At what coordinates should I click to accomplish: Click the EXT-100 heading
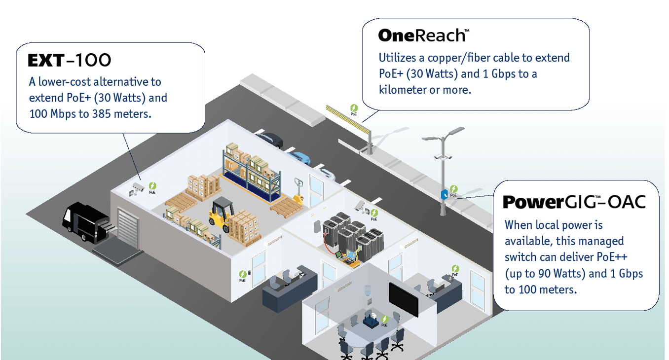tap(70, 60)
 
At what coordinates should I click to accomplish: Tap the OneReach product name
tap(422, 35)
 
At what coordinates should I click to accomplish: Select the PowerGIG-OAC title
tap(574, 202)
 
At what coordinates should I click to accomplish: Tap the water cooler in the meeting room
tap(367, 295)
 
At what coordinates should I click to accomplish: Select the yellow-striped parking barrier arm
tap(347, 119)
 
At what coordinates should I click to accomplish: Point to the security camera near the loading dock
tap(137, 187)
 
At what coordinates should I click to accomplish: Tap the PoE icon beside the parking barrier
tap(354, 109)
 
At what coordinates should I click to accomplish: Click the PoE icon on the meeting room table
tap(384, 321)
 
